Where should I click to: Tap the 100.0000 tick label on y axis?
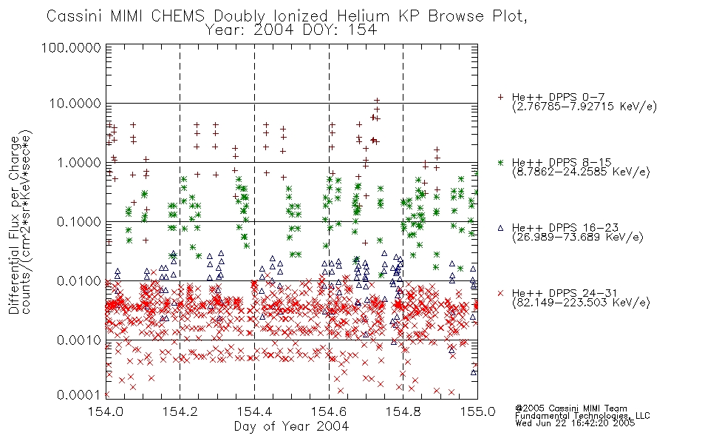click(72, 47)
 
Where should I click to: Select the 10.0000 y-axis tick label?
click(75, 104)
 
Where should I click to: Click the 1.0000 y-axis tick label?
click(78, 162)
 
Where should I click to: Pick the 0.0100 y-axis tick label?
click(79, 281)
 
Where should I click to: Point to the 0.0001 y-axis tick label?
click(79, 395)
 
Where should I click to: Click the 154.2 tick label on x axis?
click(180, 411)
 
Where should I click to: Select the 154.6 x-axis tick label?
click(329, 411)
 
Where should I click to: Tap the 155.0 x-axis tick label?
click(477, 411)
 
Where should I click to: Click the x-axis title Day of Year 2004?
click(291, 425)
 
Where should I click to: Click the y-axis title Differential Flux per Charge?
click(15, 225)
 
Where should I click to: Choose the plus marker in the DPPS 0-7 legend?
click(500, 97)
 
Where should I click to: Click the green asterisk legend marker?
click(500, 162)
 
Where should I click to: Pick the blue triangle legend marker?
click(500, 228)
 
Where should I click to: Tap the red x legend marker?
click(500, 293)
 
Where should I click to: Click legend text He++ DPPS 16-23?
click(565, 228)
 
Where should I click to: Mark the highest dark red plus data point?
click(377, 101)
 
